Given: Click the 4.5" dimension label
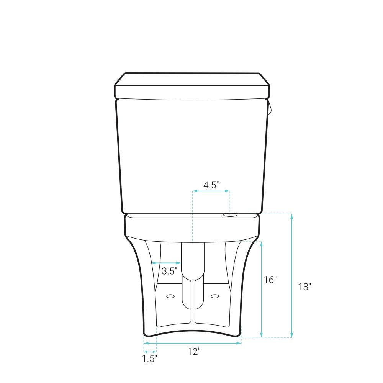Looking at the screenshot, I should point(211,185).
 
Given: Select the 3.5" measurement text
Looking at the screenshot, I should point(169,272).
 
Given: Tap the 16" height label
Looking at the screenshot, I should point(270,280).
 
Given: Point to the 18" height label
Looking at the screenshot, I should point(304,286).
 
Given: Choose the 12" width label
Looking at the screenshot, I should point(194,351).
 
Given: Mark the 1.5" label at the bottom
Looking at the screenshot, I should point(150,359).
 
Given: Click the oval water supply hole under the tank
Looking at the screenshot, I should point(230,215).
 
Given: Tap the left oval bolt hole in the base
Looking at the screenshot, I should point(170,296).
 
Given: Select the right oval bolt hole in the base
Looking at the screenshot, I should point(215,296).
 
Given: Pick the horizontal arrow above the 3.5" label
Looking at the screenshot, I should point(166,263).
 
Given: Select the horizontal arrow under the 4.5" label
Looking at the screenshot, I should point(211,191).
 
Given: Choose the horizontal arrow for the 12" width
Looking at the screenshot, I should point(192,343).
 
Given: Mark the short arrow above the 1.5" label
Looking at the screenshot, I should point(150,351).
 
